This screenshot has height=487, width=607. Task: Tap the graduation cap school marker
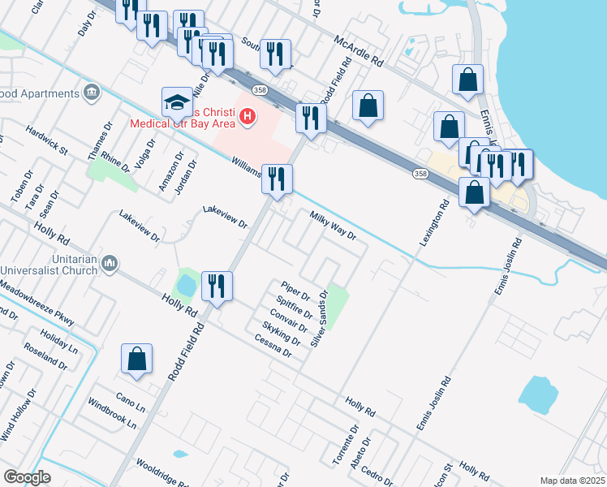pyautogui.click(x=176, y=103)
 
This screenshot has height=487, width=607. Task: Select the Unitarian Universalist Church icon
pyautogui.click(x=111, y=262)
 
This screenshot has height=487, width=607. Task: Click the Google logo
pyautogui.click(x=27, y=477)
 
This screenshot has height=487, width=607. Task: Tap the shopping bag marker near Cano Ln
pyautogui.click(x=137, y=360)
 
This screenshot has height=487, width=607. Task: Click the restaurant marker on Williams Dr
pyautogui.click(x=277, y=180)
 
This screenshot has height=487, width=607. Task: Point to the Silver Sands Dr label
pyautogui.click(x=320, y=318)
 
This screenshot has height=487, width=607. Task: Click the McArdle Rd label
pyautogui.click(x=359, y=49)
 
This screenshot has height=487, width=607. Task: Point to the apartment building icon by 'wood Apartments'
pyautogui.click(x=90, y=93)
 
